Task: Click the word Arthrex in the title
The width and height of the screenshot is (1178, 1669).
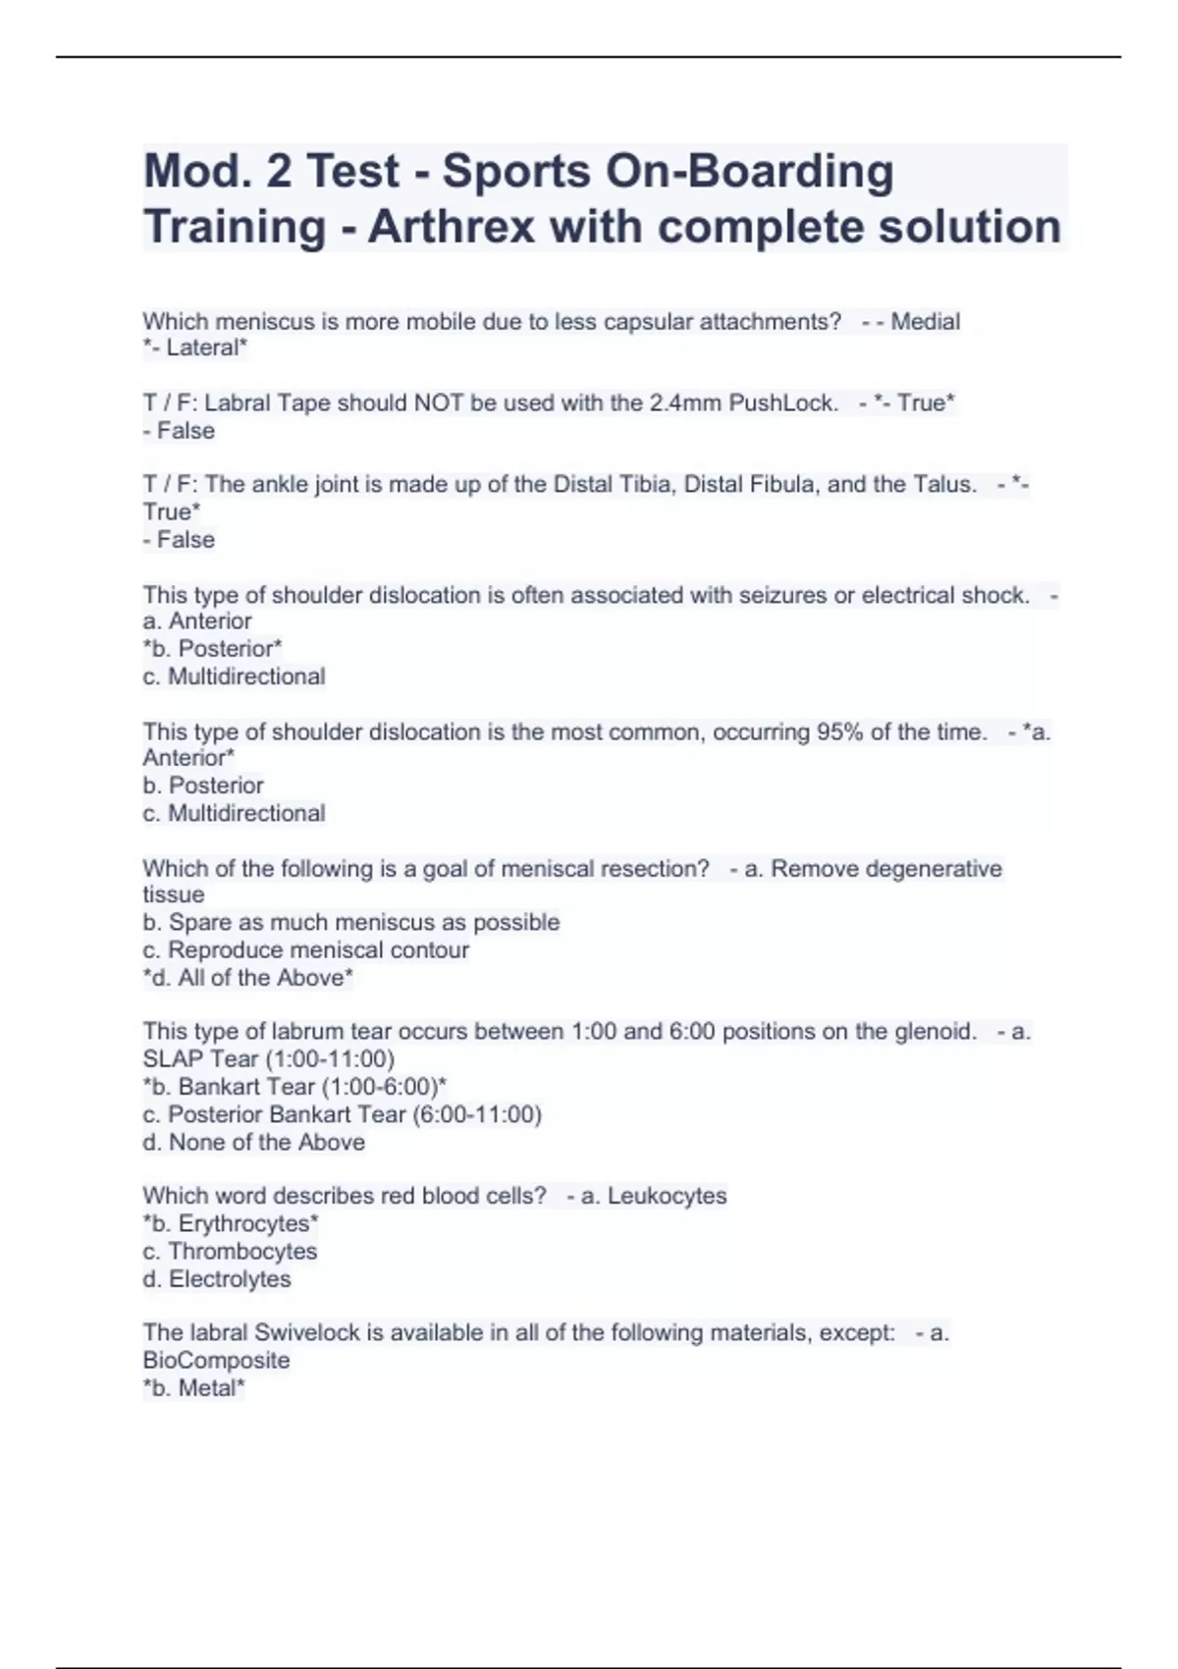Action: pyautogui.click(x=452, y=227)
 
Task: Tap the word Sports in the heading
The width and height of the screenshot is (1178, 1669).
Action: pyautogui.click(x=516, y=171)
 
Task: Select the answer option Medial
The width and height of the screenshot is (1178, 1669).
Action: pyautogui.click(x=925, y=321)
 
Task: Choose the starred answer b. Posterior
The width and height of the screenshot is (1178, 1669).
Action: pyautogui.click(x=213, y=649)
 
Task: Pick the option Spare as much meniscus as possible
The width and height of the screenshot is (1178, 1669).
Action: pyautogui.click(x=351, y=922)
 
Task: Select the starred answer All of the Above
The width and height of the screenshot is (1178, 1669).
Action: pyautogui.click(x=248, y=978)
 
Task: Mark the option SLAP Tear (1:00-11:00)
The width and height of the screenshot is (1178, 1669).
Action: pyautogui.click(x=269, y=1058)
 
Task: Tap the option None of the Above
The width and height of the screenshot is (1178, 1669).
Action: pyautogui.click(x=254, y=1142)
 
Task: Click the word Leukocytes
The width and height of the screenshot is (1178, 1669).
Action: pyautogui.click(x=667, y=1196)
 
